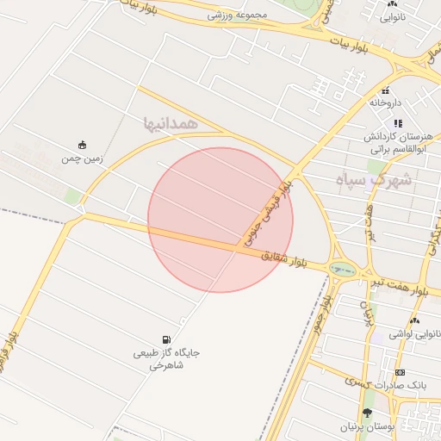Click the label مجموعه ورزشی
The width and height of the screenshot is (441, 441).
[238, 15]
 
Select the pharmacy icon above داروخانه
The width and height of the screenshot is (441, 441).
[386, 90]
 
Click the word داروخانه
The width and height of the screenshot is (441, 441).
[386, 102]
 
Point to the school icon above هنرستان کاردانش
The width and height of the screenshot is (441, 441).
[398, 124]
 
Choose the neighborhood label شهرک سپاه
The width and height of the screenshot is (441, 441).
[373, 182]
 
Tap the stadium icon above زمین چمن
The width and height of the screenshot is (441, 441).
[82, 145]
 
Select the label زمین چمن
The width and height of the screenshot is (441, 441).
[82, 158]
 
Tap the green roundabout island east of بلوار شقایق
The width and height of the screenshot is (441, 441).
[343, 270]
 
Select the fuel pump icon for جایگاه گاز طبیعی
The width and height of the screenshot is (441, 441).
[165, 339]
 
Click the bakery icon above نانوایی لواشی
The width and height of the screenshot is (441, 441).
[413, 320]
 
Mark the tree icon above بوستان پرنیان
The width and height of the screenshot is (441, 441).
[368, 413]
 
